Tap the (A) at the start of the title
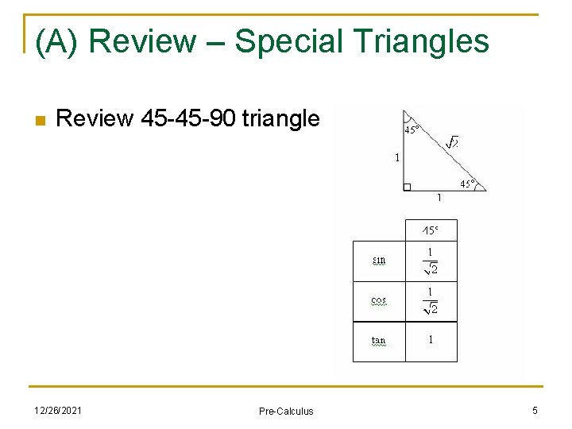(x=58, y=41)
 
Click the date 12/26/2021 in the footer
(x=57, y=410)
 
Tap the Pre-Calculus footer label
(x=286, y=411)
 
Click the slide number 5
(x=535, y=410)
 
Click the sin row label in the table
(x=379, y=260)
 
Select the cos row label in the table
(x=379, y=300)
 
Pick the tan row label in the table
(x=379, y=341)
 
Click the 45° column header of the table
(x=430, y=230)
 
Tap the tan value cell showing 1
(x=431, y=340)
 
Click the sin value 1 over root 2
(x=431, y=261)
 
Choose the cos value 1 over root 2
(x=431, y=301)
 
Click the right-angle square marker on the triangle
(x=408, y=187)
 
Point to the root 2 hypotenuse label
(x=452, y=142)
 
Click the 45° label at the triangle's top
(x=413, y=129)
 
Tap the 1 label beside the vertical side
(x=397, y=157)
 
